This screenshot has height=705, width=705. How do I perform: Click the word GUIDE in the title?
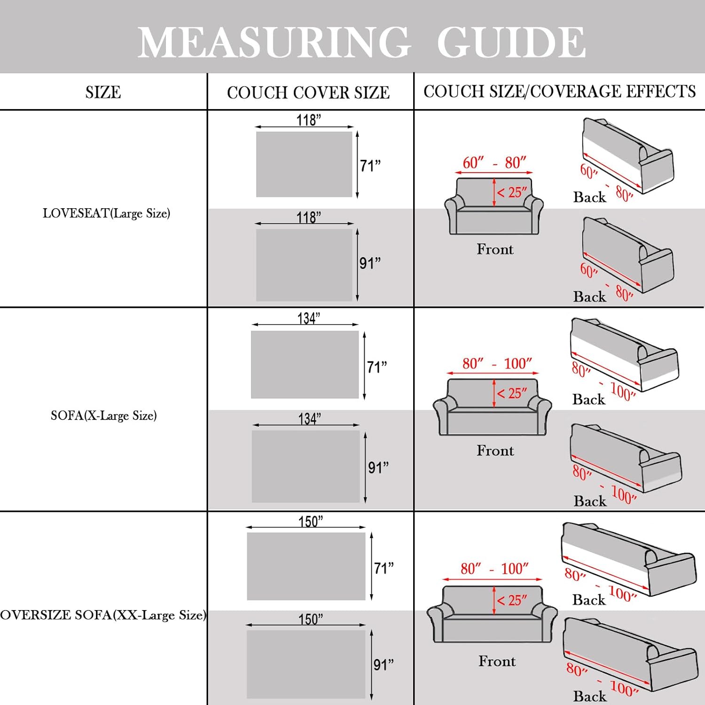[x=511, y=42]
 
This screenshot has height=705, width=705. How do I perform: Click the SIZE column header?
[x=103, y=92]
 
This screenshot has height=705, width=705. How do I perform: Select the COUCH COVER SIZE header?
[x=308, y=93]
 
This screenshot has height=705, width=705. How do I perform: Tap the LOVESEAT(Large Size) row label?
[x=106, y=213]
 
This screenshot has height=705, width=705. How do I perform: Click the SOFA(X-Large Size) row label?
[x=103, y=415]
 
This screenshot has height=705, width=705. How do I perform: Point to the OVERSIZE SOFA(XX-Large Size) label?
[x=103, y=615]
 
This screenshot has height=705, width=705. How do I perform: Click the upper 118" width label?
[x=308, y=120]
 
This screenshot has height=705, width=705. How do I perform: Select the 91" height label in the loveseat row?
[x=370, y=263]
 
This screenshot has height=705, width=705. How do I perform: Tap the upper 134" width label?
[x=308, y=318]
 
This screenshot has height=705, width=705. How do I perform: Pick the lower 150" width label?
[x=311, y=619]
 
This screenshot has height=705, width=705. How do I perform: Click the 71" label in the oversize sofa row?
[x=384, y=568]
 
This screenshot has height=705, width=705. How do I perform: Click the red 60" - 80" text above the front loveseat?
[x=494, y=163]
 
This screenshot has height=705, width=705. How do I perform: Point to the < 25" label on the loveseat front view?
[x=512, y=192]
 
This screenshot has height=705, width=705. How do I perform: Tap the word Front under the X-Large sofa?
[x=495, y=450]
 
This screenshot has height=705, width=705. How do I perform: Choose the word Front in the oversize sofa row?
[x=497, y=661]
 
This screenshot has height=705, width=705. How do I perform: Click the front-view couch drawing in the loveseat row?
[x=493, y=207]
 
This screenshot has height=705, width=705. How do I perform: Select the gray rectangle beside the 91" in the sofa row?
[x=305, y=466]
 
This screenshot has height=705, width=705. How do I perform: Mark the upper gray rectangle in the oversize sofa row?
[x=306, y=566]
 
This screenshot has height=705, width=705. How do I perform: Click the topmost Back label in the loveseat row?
[x=589, y=197]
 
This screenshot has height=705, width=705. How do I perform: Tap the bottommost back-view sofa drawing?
[x=630, y=653]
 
